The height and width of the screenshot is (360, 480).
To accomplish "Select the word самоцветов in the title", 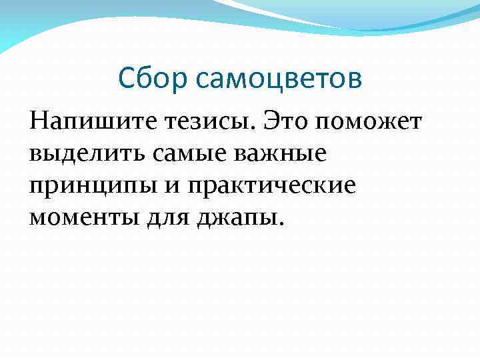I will pyautogui.click(x=279, y=79).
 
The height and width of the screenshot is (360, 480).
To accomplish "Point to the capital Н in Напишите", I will pyautogui.click(x=39, y=122).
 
